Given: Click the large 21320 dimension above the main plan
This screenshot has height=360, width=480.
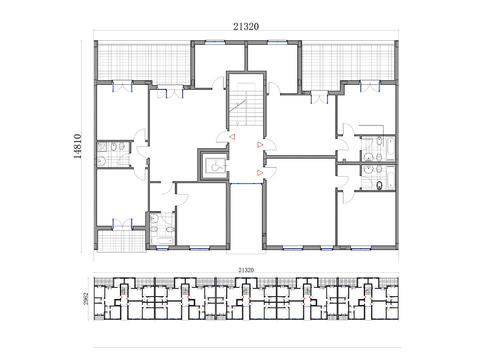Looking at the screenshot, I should (x=245, y=28).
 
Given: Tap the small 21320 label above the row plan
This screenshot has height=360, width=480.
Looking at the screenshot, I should (x=246, y=270).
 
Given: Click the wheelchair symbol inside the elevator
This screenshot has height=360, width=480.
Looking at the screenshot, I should (x=213, y=165).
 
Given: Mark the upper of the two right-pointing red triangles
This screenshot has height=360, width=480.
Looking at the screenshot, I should (x=260, y=146).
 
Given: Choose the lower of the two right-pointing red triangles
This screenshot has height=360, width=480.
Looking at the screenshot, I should (x=260, y=173).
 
